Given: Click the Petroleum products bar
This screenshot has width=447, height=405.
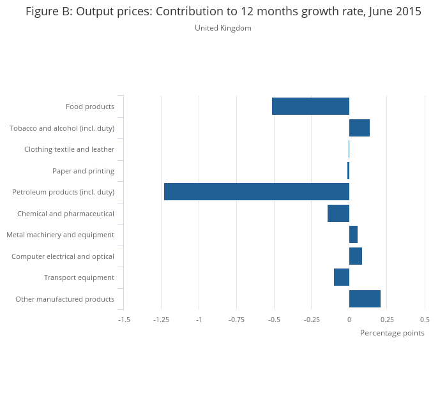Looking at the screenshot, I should pos(256,192).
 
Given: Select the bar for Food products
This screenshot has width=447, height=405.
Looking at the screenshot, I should pos(310,107).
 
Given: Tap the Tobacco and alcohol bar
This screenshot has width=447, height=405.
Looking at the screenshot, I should pos(359,128).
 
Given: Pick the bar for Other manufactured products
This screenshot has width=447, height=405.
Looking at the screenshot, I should pos(365,298).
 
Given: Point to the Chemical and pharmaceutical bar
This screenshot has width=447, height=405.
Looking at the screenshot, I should pos(338,213).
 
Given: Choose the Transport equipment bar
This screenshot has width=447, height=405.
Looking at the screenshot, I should pos(342,277).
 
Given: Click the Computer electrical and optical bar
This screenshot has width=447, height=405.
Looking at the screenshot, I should pos(355,256).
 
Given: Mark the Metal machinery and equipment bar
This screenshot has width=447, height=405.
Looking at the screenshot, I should pos(353,235).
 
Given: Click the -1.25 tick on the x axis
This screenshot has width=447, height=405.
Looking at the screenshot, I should pos(161,319).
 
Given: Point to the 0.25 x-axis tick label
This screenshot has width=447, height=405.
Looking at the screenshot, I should pos(386,319).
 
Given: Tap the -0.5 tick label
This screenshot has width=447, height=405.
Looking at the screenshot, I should pos(274,319).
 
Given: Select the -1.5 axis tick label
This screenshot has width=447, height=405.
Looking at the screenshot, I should pos(124,319).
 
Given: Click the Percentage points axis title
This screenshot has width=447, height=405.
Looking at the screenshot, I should pos(392,333).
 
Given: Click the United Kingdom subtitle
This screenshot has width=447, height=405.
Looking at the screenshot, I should pos(223,28).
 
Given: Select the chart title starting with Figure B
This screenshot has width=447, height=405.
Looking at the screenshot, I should pos(223,11).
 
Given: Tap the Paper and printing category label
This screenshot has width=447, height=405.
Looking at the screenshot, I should pos(83,171).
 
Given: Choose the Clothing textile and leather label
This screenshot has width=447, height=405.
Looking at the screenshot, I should pos(69,149).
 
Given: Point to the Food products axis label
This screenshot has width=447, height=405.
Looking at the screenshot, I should pos(90,107).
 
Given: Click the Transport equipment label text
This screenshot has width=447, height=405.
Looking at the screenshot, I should pos(79,277).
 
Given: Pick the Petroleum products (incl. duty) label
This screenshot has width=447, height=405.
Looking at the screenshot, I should pos(63,192).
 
